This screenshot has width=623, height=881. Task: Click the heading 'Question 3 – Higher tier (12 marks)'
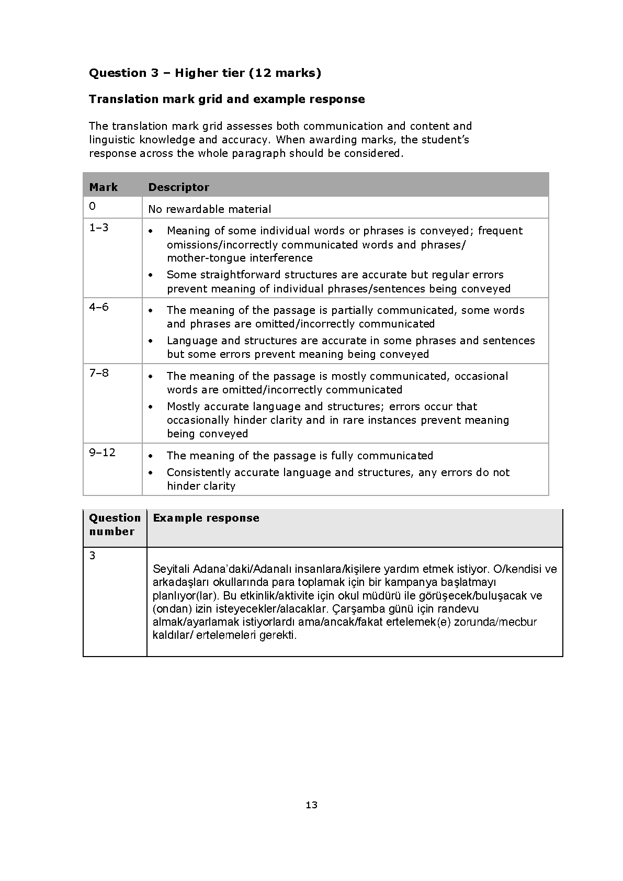205,73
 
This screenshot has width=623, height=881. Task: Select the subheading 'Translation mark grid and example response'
226,99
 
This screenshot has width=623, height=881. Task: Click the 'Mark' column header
104,187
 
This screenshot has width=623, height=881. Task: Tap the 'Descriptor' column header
178,187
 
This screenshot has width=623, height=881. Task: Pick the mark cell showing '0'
93,206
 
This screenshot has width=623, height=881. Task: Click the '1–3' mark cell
98,228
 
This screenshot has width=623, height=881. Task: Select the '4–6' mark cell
98,307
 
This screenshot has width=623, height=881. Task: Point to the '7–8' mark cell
98,373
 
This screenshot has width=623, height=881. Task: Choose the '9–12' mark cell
102,453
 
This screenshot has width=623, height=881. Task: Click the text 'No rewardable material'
209,209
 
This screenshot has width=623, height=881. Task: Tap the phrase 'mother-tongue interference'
240,258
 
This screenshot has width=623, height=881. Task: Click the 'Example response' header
206,518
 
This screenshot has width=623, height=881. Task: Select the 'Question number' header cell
115,525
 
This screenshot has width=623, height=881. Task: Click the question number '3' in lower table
93,556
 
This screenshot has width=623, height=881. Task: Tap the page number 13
311,805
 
